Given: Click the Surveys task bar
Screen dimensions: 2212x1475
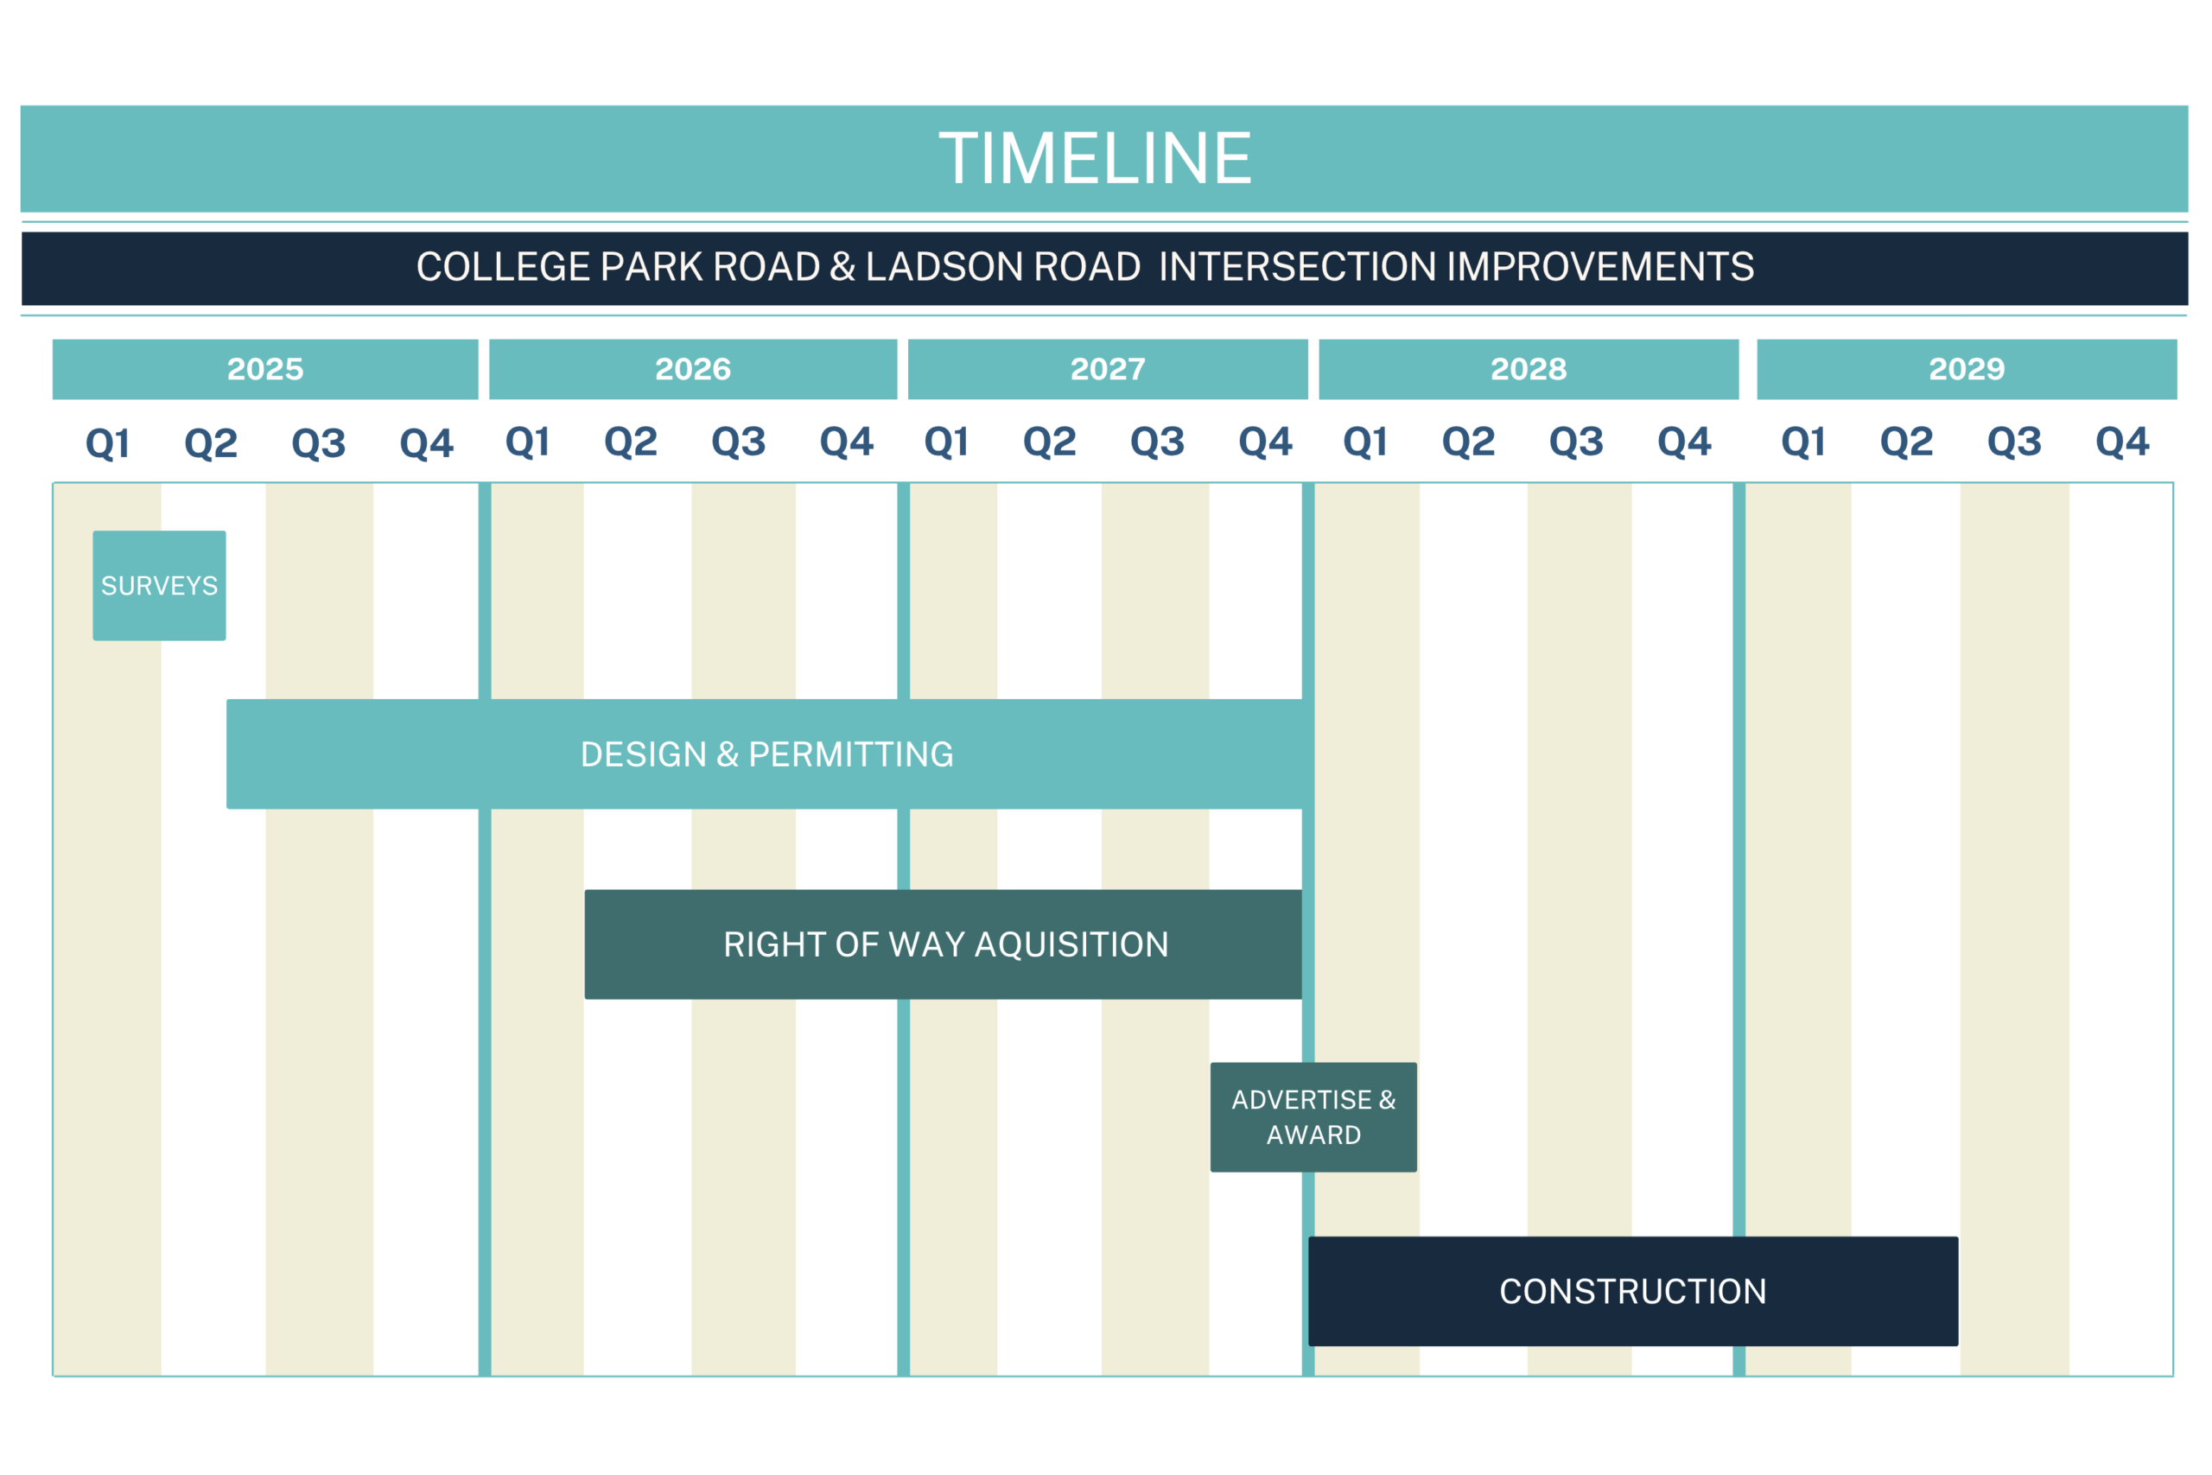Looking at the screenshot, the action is coord(159,585).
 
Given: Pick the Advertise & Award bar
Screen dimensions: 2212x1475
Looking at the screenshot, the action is coord(1313,1116).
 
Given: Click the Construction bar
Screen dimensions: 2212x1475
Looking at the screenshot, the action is coord(1633,1291).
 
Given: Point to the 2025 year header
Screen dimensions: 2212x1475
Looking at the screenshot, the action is coord(265,369).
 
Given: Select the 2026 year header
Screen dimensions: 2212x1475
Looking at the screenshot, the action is coord(693,369).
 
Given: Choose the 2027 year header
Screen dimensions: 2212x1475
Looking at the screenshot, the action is coord(1108,369).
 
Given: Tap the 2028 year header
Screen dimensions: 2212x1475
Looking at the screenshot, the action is coord(1529,369).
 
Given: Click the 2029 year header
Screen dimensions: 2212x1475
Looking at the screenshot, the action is coord(1967,369).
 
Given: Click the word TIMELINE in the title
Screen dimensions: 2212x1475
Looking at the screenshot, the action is coord(1096,158).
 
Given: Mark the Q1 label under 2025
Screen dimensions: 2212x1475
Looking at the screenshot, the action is coord(107,443).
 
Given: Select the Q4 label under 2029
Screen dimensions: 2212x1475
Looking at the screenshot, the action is coord(2123,442).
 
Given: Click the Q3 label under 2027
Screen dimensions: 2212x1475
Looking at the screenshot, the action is coord(1158,442).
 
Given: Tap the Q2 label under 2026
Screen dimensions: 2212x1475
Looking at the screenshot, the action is coord(631,442).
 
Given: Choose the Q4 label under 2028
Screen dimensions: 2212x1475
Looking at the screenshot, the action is coord(1684,442).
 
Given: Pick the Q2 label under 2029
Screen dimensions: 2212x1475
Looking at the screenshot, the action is coord(1906,442).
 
